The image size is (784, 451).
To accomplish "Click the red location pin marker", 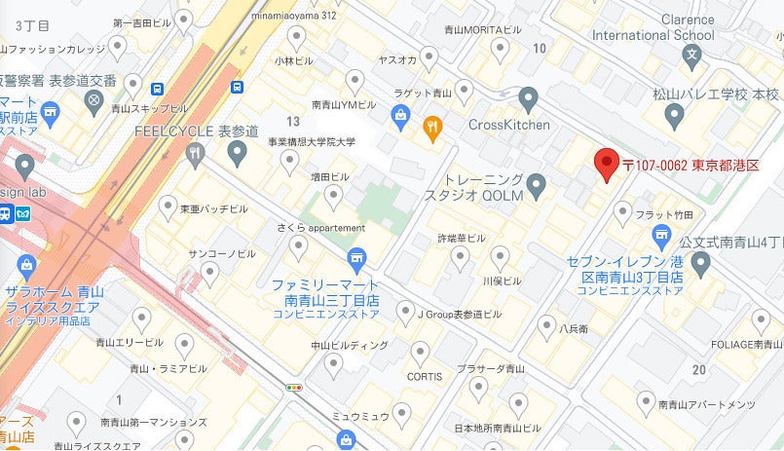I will pyautogui.click(x=608, y=164).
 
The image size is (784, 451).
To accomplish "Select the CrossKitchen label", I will pyautogui.click(x=509, y=125).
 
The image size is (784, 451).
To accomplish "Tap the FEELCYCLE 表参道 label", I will pyautogui.click(x=196, y=131).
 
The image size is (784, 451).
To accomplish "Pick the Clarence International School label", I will pyautogui.click(x=687, y=28).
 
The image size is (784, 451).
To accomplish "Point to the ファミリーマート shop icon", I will pyautogui.click(x=356, y=256).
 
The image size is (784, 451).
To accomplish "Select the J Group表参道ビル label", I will pyautogui.click(x=460, y=314).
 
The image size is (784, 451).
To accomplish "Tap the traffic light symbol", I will pyautogui.click(x=293, y=387).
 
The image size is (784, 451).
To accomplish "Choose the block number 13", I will pyautogui.click(x=293, y=121).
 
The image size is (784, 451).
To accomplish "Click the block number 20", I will pyautogui.click(x=698, y=369).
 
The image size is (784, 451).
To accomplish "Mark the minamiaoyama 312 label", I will pyautogui.click(x=293, y=16).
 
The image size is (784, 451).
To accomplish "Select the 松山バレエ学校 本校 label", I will pyautogui.click(x=717, y=94).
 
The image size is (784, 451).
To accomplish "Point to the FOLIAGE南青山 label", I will pyautogui.click(x=747, y=344).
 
